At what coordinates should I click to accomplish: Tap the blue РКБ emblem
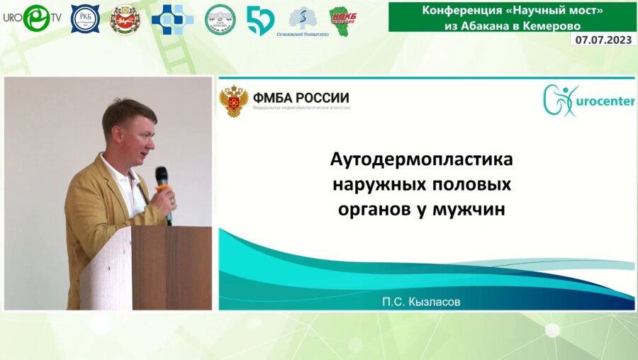[x=85, y=19]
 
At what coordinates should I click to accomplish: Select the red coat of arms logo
[x=125, y=19]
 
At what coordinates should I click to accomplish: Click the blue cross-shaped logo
[x=172, y=19]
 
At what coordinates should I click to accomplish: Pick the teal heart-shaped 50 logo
[x=259, y=20]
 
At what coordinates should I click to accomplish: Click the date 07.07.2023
[x=603, y=40]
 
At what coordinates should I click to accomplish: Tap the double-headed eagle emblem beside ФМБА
[x=233, y=101]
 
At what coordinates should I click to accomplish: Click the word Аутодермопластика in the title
[x=421, y=160]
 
